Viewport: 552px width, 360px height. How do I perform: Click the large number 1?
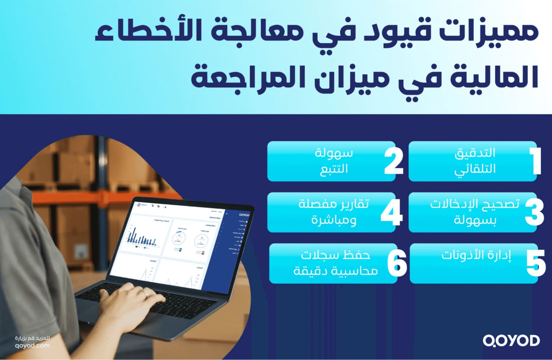coord(535,161)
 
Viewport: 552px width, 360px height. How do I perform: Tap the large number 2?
coord(394,161)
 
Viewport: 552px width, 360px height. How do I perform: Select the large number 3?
coord(534,212)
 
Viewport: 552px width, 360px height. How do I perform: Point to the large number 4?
coord(392,212)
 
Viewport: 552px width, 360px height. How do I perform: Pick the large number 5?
coord(536,263)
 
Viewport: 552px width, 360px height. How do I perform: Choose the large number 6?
coord(397,263)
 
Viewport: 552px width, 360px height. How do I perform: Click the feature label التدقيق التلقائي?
coord(475,161)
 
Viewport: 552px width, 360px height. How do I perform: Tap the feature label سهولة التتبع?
coord(334,161)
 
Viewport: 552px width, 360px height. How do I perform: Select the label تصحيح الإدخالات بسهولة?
coord(475,212)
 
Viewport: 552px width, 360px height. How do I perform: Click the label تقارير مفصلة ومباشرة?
coord(334,212)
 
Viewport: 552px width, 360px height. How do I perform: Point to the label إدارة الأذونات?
coord(476,255)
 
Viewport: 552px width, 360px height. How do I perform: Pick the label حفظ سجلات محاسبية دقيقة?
coord(335,263)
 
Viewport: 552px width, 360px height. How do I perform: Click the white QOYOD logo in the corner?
coord(511,341)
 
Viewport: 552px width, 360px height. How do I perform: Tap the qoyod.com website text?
coord(32,346)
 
